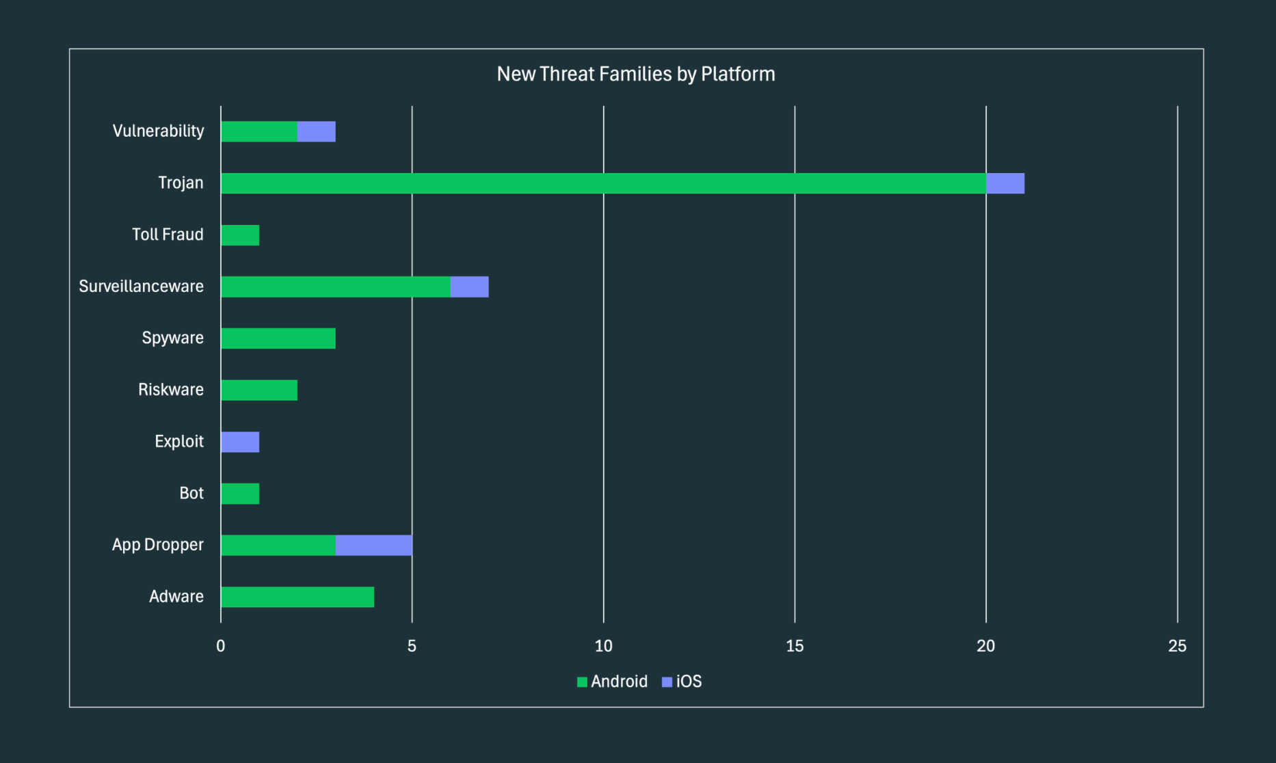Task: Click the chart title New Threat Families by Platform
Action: point(636,74)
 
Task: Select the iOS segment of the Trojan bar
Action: point(1005,183)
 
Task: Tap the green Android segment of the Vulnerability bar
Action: point(258,131)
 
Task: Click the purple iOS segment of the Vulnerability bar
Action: point(316,131)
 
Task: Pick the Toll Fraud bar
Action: point(240,235)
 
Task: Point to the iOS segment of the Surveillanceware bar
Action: point(469,286)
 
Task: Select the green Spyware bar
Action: point(278,338)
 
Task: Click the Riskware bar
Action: point(258,390)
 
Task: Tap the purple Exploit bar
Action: point(240,442)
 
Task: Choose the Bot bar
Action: point(240,494)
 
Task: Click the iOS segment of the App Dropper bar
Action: point(373,545)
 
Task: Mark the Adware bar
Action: point(297,597)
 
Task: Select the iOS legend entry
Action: point(682,682)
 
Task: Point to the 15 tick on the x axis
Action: point(795,646)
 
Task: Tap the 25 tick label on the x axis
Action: point(1177,646)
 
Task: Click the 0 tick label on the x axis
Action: point(220,646)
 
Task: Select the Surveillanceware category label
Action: point(141,286)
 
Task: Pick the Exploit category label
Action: point(179,442)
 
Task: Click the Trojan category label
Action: point(181,183)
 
